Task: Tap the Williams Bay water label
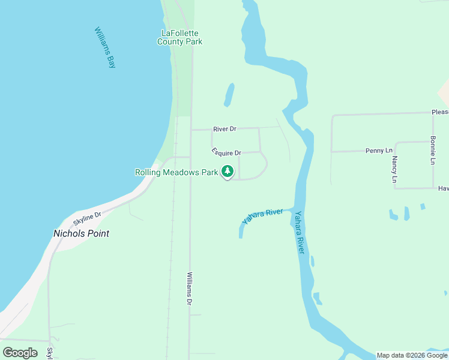coord(104,47)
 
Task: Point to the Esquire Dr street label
coord(226,152)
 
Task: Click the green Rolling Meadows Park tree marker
coord(227,172)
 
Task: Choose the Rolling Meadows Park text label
coord(176,172)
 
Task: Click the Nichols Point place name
coord(82,233)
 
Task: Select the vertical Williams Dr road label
coord(188,289)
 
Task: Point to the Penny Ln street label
coord(379,151)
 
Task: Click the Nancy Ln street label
coord(394,169)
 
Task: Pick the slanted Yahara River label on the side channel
coord(262,217)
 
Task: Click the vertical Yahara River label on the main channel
coord(300,232)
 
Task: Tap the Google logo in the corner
coord(20,352)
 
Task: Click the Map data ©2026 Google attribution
coord(412,355)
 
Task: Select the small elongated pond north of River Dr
coord(229,95)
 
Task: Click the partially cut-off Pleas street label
coord(439,112)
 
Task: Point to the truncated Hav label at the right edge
coord(443,188)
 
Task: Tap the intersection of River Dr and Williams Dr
coord(191,129)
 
